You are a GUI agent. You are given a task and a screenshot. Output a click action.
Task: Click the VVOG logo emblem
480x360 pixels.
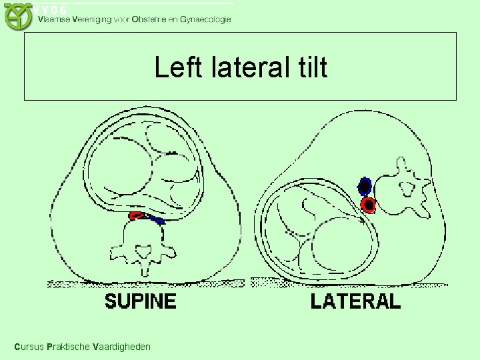coord(18,16)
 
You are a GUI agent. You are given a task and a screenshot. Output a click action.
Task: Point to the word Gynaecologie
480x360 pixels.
coord(203,19)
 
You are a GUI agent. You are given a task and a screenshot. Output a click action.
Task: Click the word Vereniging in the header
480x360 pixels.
coord(94,19)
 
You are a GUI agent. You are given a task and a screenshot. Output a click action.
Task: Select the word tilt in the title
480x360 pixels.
coord(309,67)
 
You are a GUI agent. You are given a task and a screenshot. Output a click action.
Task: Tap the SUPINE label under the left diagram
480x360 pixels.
coord(141,301)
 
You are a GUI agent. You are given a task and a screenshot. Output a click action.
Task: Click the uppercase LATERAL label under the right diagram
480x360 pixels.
coord(355,301)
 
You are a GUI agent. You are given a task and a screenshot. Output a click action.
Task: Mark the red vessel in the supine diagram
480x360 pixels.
coord(137,215)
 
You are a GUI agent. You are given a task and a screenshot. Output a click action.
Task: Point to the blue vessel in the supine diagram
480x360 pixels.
coord(157,219)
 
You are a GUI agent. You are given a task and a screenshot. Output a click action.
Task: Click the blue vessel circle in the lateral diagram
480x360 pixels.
coord(365,185)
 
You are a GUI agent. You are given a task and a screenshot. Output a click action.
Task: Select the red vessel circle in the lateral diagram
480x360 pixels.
coord(368,204)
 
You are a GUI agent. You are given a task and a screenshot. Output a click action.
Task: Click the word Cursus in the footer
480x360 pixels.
coord(29,347)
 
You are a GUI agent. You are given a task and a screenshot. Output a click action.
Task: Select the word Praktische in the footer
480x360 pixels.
coord(69,347)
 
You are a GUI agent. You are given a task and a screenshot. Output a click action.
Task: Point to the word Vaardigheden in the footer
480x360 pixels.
coord(121,347)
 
